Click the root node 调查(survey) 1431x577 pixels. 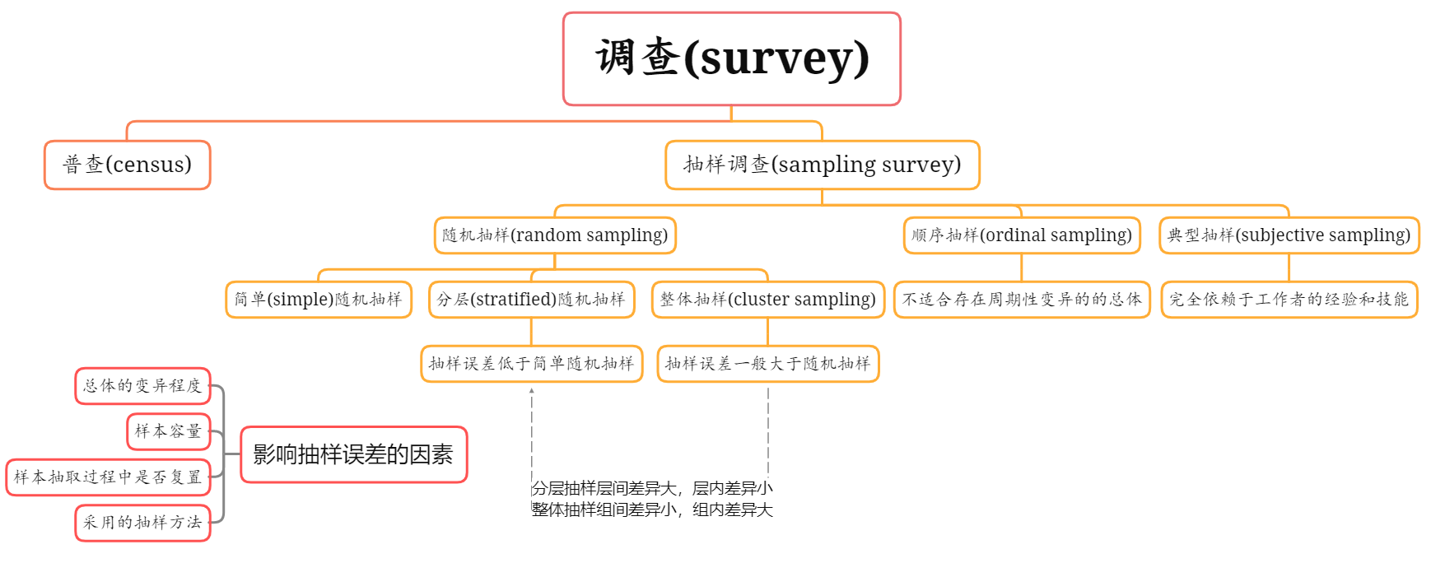click(x=731, y=58)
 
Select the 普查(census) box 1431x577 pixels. click(x=128, y=165)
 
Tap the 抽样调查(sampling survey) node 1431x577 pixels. click(x=822, y=165)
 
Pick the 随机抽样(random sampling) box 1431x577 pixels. click(x=555, y=235)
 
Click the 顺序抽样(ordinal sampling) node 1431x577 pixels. click(x=1021, y=235)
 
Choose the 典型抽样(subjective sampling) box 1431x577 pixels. click(x=1289, y=235)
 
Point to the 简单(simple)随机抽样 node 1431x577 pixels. click(x=319, y=300)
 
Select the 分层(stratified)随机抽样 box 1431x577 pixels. click(x=531, y=300)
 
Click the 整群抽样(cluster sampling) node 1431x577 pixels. click(x=767, y=300)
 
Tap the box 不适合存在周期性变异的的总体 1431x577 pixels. click(x=1021, y=300)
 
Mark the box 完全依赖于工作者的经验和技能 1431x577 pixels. click(x=1289, y=300)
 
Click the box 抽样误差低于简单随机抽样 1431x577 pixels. click(x=531, y=364)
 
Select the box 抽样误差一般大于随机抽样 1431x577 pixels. click(x=767, y=364)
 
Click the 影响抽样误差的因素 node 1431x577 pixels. click(x=353, y=454)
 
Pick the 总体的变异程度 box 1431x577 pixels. click(x=142, y=386)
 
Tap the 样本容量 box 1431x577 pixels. click(x=168, y=431)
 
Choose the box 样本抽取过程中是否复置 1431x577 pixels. click(x=108, y=477)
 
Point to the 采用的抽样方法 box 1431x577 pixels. click(x=142, y=523)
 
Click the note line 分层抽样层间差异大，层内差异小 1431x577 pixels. click(x=652, y=489)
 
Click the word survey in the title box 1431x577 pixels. click(x=776, y=58)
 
